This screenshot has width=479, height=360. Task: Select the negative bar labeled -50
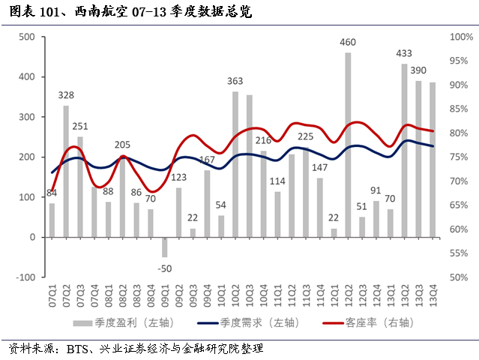(165, 247)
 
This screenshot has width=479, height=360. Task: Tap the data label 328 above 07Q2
(66, 95)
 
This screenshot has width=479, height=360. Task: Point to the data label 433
(404, 53)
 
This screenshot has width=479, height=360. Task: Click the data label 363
(235, 81)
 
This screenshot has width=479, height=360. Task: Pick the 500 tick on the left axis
(26, 37)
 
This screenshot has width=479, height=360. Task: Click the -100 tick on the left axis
(25, 277)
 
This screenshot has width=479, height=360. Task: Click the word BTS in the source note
(78, 349)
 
